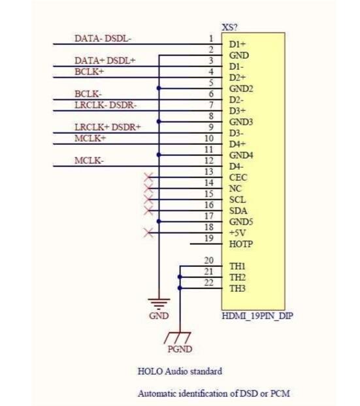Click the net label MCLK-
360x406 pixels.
(89, 161)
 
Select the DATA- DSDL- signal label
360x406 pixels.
(103, 39)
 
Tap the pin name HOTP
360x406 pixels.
(241, 244)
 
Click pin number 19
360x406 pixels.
(209, 238)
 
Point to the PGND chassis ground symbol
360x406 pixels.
(178, 338)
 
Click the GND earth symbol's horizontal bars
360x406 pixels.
(159, 304)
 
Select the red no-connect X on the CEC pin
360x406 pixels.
(148, 178)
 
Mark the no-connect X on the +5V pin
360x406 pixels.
(148, 232)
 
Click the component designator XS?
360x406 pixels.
(229, 27)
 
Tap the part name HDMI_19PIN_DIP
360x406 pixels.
(257, 316)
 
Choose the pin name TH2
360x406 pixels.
(237, 277)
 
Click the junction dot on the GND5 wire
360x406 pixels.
(159, 221)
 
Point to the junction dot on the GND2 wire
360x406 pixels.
(159, 88)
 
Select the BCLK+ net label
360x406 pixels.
(89, 72)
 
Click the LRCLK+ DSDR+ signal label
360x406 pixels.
(108, 127)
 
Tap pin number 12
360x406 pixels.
(209, 161)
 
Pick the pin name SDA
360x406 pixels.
(238, 211)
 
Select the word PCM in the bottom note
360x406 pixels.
(280, 394)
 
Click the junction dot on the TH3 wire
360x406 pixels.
(180, 288)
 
